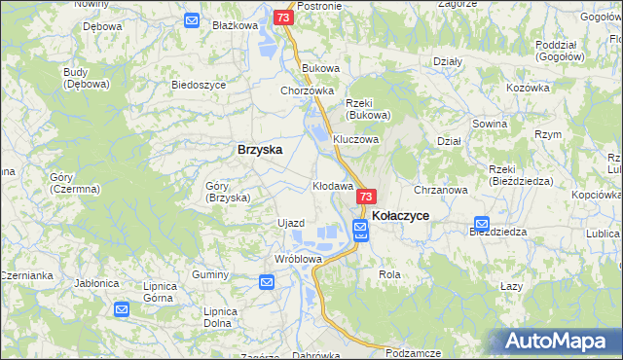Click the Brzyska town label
tap(260, 150)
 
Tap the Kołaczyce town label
tap(401, 215)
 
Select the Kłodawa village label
tap(332, 185)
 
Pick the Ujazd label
tap(291, 223)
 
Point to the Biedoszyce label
tap(199, 85)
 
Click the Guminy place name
tap(209, 275)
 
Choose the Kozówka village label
tap(529, 88)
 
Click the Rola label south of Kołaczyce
tap(389, 275)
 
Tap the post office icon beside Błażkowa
tap(192, 20)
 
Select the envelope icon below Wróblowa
tap(268, 282)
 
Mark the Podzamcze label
tap(414, 352)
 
